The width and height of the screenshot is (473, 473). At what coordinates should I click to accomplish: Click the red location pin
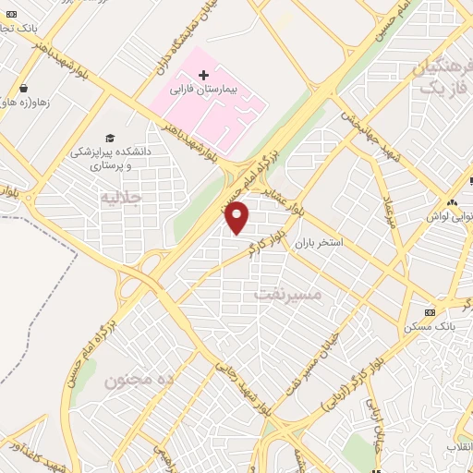point(237,217)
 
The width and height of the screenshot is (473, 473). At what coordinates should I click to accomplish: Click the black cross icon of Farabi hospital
point(203,73)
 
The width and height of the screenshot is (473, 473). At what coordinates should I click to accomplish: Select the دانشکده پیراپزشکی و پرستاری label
point(116,156)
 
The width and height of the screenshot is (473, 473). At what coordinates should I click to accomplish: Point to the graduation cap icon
point(110,137)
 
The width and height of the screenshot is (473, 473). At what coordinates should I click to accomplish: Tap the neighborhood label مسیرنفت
point(286,295)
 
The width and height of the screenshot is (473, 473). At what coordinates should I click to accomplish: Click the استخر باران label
point(319,245)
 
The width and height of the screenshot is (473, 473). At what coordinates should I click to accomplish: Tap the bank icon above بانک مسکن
point(430,312)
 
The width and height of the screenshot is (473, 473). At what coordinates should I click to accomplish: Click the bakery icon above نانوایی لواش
point(452,202)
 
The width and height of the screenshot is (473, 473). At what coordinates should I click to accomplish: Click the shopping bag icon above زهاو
point(23,89)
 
